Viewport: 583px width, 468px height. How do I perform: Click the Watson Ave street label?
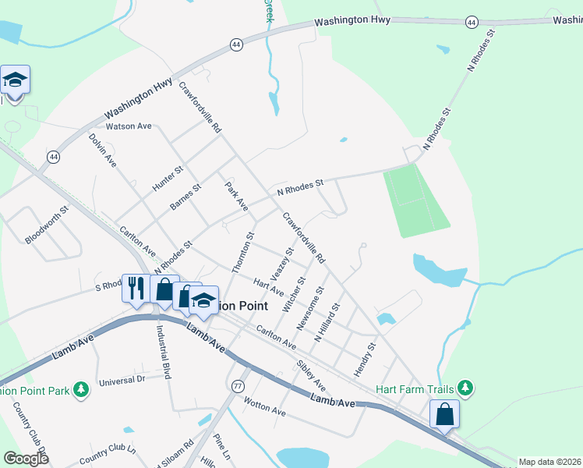pos(129,126)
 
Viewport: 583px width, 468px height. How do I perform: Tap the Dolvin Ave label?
pos(102,151)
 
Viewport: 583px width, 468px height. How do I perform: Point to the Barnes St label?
pos(185,197)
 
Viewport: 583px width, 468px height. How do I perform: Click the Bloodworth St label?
pos(48,225)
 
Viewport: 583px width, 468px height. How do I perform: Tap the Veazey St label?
pos(281,266)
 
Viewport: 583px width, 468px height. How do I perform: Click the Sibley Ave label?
pos(311,376)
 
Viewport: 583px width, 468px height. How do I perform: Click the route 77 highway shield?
pos(238,385)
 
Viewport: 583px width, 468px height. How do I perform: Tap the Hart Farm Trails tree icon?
pos(465,388)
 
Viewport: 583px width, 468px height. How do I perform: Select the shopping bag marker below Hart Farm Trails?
pos(444,414)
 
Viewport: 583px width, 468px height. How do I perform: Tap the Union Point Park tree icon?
pos(80,389)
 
